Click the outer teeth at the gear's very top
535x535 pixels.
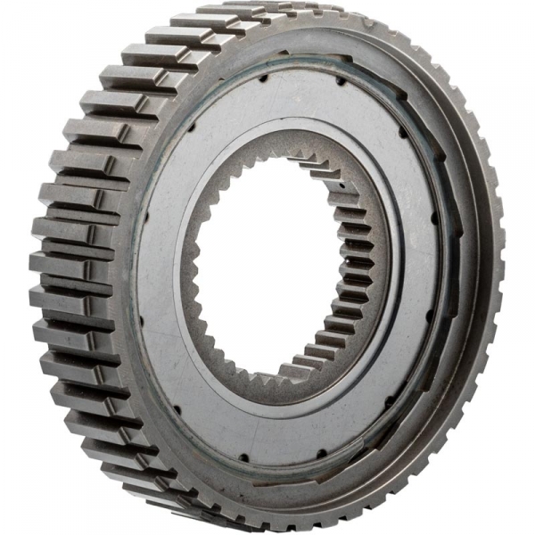coord(267,13)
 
